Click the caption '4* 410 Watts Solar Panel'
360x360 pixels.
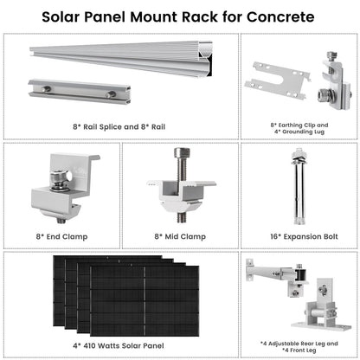(121, 345)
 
